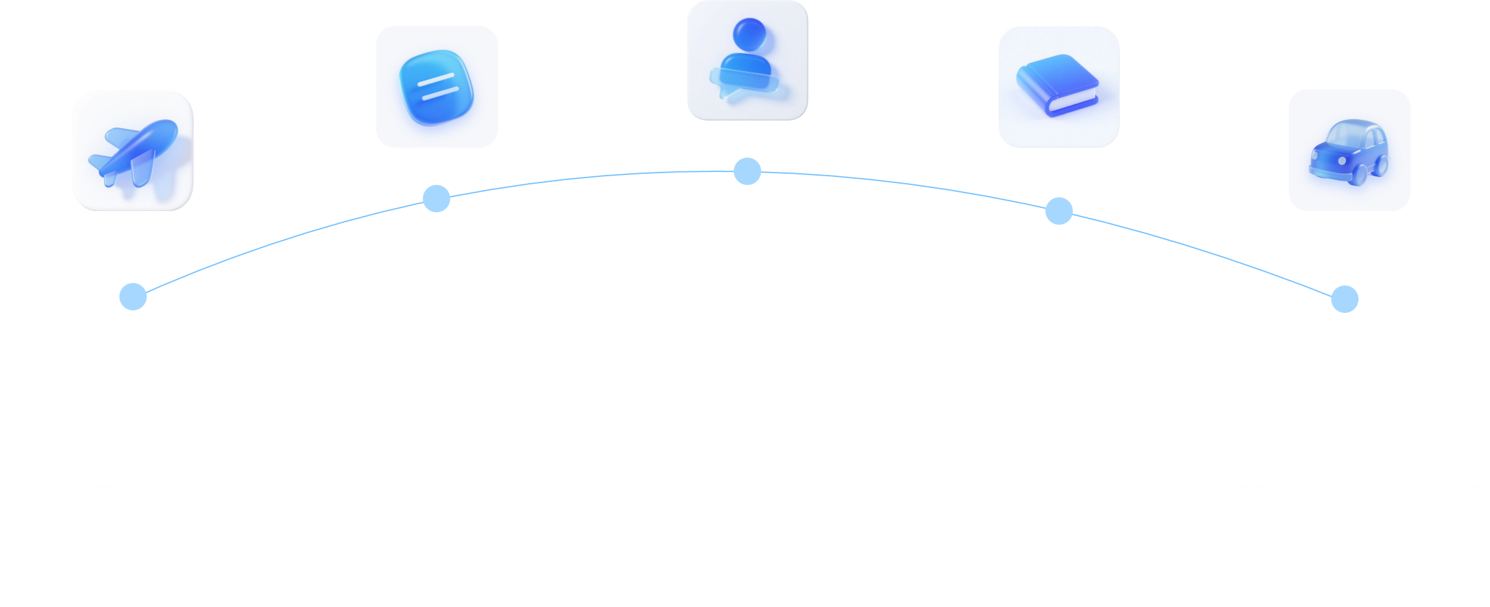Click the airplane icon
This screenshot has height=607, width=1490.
(x=133, y=150)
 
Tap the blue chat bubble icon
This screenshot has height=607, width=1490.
(x=437, y=87)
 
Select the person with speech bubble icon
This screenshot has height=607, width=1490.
(x=747, y=60)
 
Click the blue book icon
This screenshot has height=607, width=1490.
(x=1059, y=87)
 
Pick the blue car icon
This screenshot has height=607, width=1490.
(x=1349, y=150)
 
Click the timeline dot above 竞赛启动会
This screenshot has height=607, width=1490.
(x=133, y=297)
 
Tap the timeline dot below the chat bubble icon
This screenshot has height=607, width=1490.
(x=436, y=199)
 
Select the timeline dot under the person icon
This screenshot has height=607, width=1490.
(x=747, y=171)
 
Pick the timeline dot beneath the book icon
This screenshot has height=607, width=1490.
(x=1059, y=211)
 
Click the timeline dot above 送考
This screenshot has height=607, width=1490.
(x=1345, y=299)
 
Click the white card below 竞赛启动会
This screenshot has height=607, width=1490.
(x=129, y=523)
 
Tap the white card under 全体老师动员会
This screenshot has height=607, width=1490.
(x=745, y=447)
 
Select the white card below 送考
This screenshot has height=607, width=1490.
(x=1361, y=523)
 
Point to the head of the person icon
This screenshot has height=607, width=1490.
(x=749, y=34)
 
